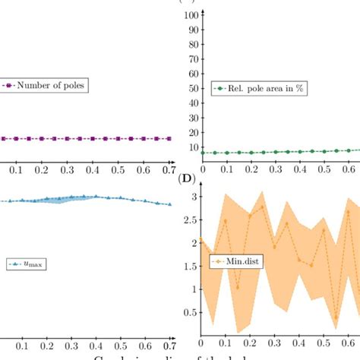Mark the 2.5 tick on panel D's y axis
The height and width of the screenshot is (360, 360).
[x=192, y=219]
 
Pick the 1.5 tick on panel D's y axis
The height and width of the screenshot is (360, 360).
[x=192, y=266]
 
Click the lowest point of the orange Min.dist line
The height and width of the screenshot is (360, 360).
[x=335, y=317]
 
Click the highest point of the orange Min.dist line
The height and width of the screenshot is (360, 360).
[x=262, y=206]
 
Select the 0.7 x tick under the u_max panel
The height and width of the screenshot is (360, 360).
[x=169, y=344]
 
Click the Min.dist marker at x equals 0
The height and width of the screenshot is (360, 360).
[x=201, y=239]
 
